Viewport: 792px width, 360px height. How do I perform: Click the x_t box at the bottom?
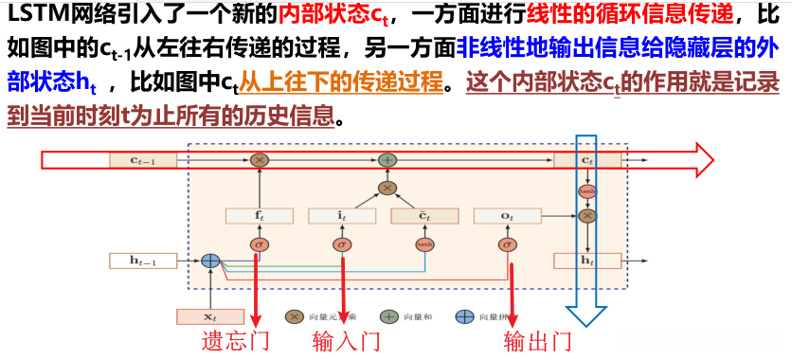click(x=210, y=316)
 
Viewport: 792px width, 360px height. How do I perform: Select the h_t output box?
click(x=587, y=260)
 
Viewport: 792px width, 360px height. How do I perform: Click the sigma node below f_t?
click(x=259, y=245)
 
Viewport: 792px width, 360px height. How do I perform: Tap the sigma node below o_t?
click(x=508, y=245)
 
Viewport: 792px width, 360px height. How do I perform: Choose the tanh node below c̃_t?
click(x=423, y=245)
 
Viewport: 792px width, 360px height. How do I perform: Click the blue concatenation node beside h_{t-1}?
click(x=210, y=260)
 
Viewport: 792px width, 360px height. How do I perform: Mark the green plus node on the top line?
click(x=387, y=160)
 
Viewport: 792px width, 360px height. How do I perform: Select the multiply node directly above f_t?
click(x=259, y=160)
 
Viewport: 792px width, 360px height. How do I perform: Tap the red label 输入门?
click(x=346, y=341)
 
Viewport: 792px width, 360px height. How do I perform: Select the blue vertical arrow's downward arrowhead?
click(x=587, y=322)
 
